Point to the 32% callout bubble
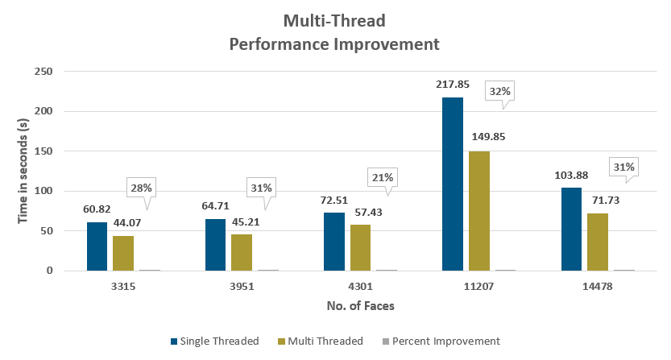tap(498, 92)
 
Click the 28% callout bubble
tap(141, 188)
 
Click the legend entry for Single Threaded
tap(214, 341)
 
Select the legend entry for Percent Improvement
tap(445, 341)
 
